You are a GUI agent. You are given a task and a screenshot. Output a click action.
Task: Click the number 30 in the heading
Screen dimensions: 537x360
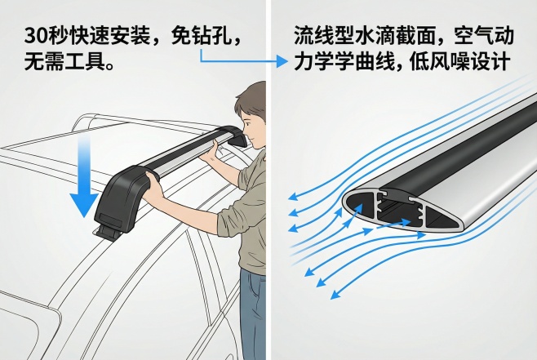(x=36, y=36)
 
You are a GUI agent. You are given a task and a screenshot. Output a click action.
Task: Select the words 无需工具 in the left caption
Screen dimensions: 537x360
(x=64, y=62)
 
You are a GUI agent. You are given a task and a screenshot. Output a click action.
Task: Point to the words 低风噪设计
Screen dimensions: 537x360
(x=460, y=62)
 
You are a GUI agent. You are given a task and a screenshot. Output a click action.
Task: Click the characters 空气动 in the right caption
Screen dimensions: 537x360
(x=484, y=36)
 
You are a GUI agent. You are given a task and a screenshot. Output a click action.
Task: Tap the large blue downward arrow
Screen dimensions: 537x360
(x=84, y=176)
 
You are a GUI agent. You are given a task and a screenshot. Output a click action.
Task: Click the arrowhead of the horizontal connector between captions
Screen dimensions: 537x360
(x=282, y=62)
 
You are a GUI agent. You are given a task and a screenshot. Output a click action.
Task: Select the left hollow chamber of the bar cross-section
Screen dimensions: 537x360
(x=360, y=208)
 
